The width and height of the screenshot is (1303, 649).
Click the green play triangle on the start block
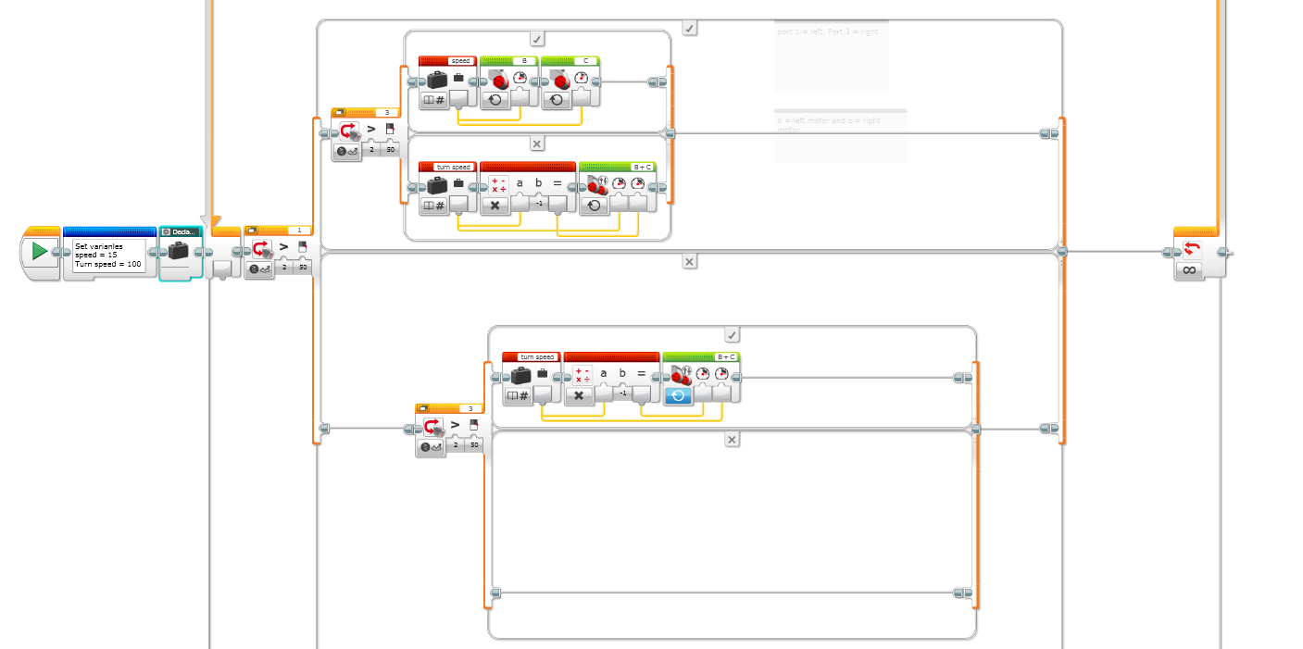pyautogui.click(x=39, y=251)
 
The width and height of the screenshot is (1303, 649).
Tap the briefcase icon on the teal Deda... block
pyautogui.click(x=178, y=251)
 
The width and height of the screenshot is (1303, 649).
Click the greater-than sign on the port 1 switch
pyautogui.click(x=283, y=246)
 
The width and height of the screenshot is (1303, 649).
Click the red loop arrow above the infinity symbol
pyautogui.click(x=1192, y=249)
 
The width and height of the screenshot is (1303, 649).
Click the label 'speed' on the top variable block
pyautogui.click(x=460, y=61)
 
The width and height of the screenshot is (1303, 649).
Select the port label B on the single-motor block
pyautogui.click(x=524, y=61)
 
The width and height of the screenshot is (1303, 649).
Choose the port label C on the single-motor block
pyautogui.click(x=584, y=61)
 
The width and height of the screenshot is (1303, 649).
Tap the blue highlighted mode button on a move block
pyautogui.click(x=677, y=395)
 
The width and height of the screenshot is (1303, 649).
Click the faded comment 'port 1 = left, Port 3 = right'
pyautogui.click(x=829, y=31)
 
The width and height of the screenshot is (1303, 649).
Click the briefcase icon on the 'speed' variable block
pyautogui.click(x=437, y=81)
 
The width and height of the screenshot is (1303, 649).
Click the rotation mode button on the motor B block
pyautogui.click(x=495, y=99)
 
